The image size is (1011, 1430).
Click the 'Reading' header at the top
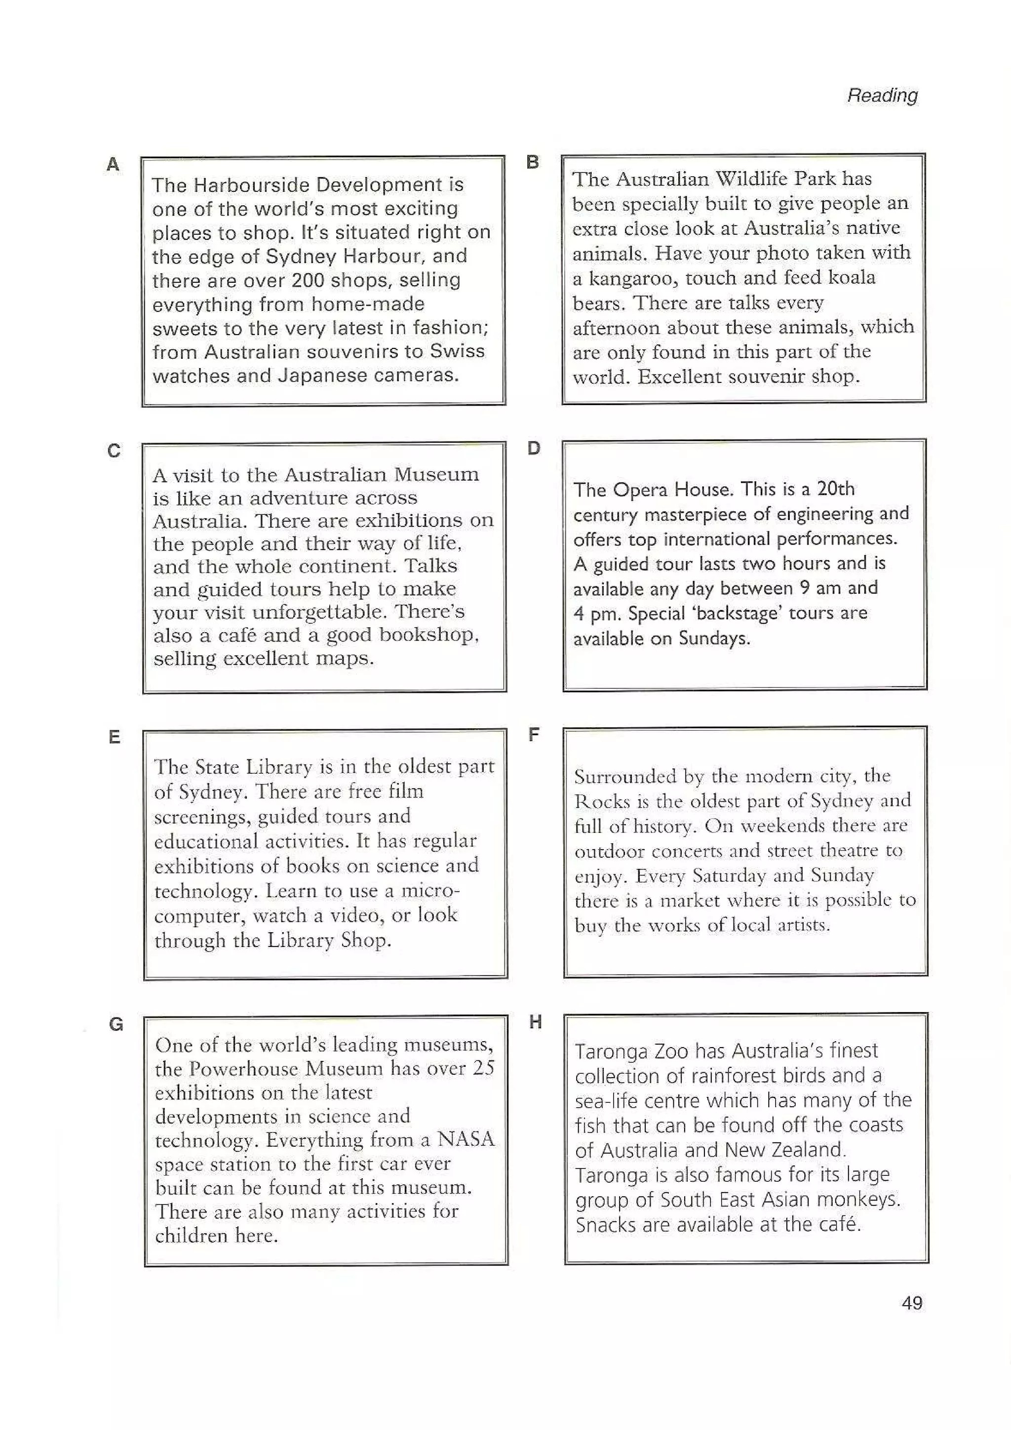[x=882, y=95]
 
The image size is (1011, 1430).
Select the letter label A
[x=113, y=164]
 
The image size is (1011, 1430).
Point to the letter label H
[x=535, y=1021]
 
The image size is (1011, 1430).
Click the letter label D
[x=534, y=448]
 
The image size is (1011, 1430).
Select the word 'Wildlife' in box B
[x=753, y=179]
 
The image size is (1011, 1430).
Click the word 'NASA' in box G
[x=466, y=1138]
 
